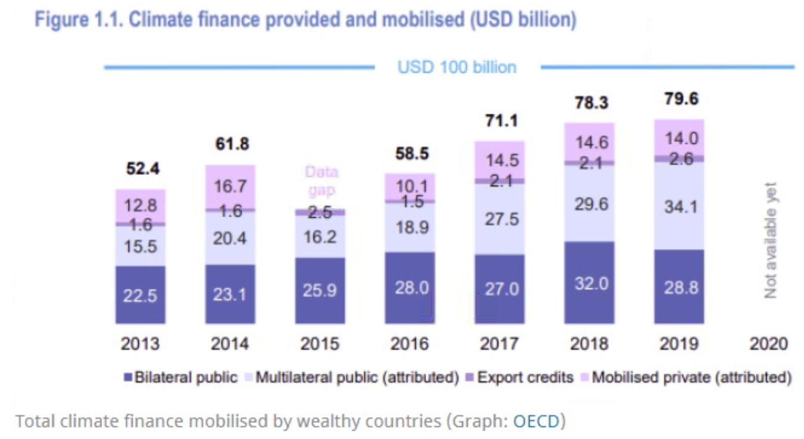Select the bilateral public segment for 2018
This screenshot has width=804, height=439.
pyautogui.click(x=590, y=283)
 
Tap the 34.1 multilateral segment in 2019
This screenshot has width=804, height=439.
pyautogui.click(x=679, y=207)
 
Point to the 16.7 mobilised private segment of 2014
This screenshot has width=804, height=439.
pyautogui.click(x=230, y=187)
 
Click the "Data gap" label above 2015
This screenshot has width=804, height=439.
pyautogui.click(x=321, y=181)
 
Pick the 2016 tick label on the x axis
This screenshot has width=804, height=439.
pyautogui.click(x=410, y=344)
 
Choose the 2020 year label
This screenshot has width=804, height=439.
pyautogui.click(x=768, y=344)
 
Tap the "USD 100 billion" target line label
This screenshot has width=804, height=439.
pyautogui.click(x=457, y=67)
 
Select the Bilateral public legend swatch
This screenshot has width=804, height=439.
pyautogui.click(x=127, y=378)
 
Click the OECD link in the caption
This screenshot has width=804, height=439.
pyautogui.click(x=536, y=421)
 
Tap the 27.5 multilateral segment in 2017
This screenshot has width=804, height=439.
pyautogui.click(x=500, y=219)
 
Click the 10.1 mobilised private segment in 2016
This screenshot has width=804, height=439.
pyautogui.click(x=410, y=186)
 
